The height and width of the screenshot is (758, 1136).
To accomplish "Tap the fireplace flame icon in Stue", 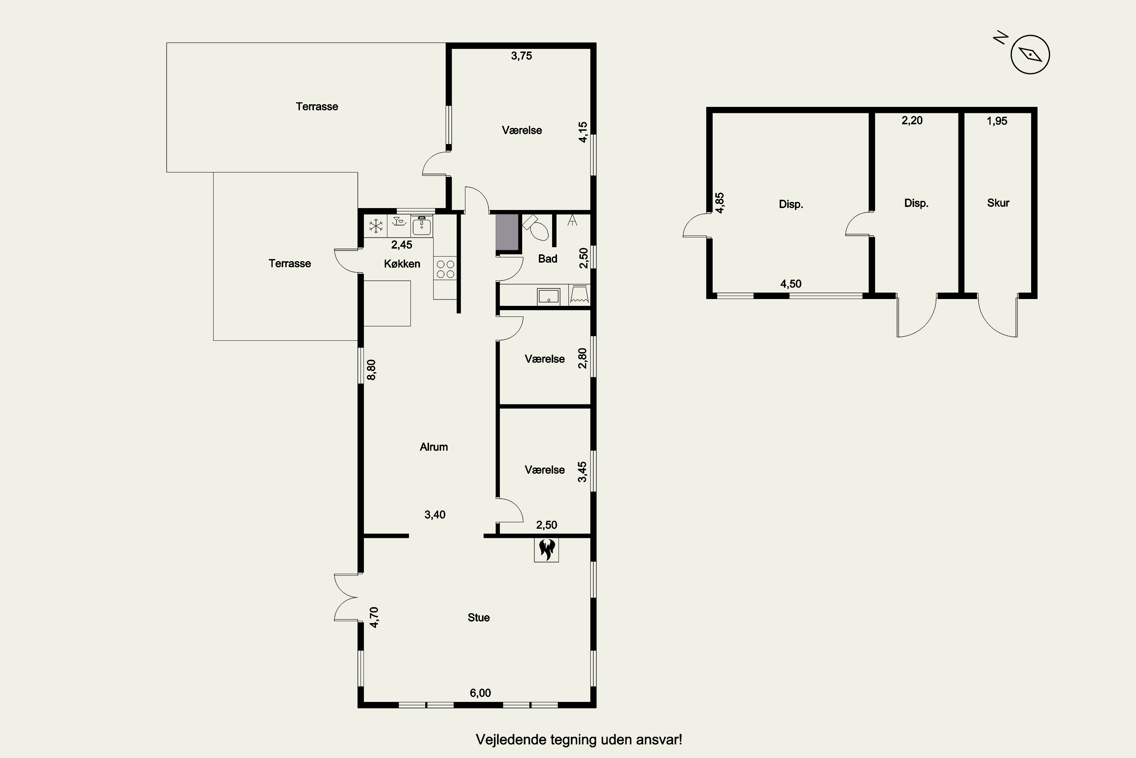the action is pos(546,550).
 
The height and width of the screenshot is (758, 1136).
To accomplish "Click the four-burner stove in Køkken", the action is pos(445,269).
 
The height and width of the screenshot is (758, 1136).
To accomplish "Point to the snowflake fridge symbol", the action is pos(376,226).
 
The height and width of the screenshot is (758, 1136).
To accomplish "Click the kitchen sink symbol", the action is pos(422,226).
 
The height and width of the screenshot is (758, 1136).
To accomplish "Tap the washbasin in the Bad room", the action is pos(548,296).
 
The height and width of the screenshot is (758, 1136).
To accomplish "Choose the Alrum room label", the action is pos(434,447).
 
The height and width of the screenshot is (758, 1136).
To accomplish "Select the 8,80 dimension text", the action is pos(371,370).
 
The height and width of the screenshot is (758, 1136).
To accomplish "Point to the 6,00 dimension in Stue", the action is pos(480,693).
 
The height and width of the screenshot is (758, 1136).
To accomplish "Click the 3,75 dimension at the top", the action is pos(522,56).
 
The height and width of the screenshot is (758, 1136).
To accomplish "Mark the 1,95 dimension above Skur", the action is pos(997,121).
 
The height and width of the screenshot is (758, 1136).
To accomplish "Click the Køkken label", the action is pos(402,263).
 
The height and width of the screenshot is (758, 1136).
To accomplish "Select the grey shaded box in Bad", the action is pos(507,233).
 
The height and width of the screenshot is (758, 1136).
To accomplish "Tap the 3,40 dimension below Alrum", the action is pos(435,514).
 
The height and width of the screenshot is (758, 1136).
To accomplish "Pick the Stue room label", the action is pos(479,617).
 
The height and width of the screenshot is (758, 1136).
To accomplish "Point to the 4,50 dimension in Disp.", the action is pos(791,284).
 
